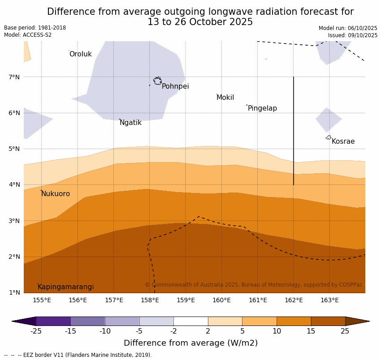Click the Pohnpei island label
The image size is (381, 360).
point(175,86)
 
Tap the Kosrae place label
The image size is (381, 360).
point(343,141)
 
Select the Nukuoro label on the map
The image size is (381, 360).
point(56,194)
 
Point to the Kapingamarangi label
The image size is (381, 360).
point(65,287)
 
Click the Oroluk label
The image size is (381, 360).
point(80,54)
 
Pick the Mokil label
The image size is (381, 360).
point(225,98)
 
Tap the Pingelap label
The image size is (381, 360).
point(262,108)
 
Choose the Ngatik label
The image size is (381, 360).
point(130,123)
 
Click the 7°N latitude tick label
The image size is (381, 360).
point(14,77)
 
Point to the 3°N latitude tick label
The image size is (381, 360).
point(14,221)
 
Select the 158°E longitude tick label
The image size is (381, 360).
point(150,300)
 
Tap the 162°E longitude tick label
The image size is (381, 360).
point(294,300)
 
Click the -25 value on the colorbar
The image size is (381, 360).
point(36,331)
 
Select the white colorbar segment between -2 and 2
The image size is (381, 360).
point(190,321)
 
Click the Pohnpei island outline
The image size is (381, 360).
point(157,81)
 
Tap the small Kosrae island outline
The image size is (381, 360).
point(329,137)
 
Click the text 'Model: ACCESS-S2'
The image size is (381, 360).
point(28,35)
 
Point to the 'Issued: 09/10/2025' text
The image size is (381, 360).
point(352,35)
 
